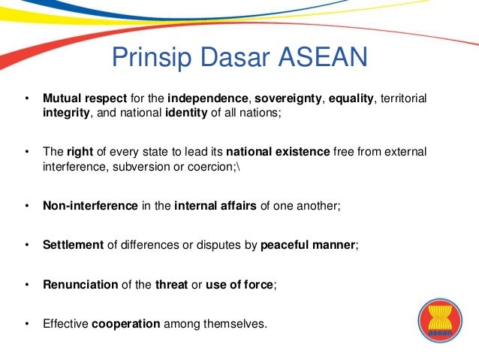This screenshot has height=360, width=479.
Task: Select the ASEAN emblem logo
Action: pos(437,320)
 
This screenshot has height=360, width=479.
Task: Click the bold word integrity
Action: pos(66,113)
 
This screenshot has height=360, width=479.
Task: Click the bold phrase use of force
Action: pos(243,285)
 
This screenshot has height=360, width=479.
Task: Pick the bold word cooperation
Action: pos(125,325)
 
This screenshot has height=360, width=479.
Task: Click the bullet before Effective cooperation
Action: pos(26,325)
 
